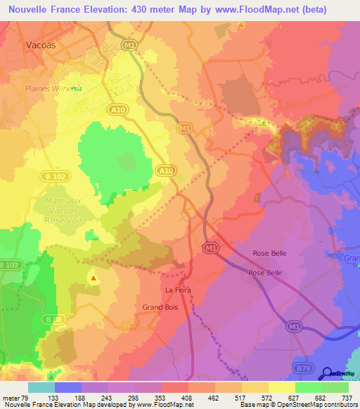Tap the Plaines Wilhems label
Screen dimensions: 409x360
(53, 88)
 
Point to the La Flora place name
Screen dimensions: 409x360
(178, 290)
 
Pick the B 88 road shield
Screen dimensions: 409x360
(49, 320)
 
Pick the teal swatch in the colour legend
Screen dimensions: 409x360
(41, 387)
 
